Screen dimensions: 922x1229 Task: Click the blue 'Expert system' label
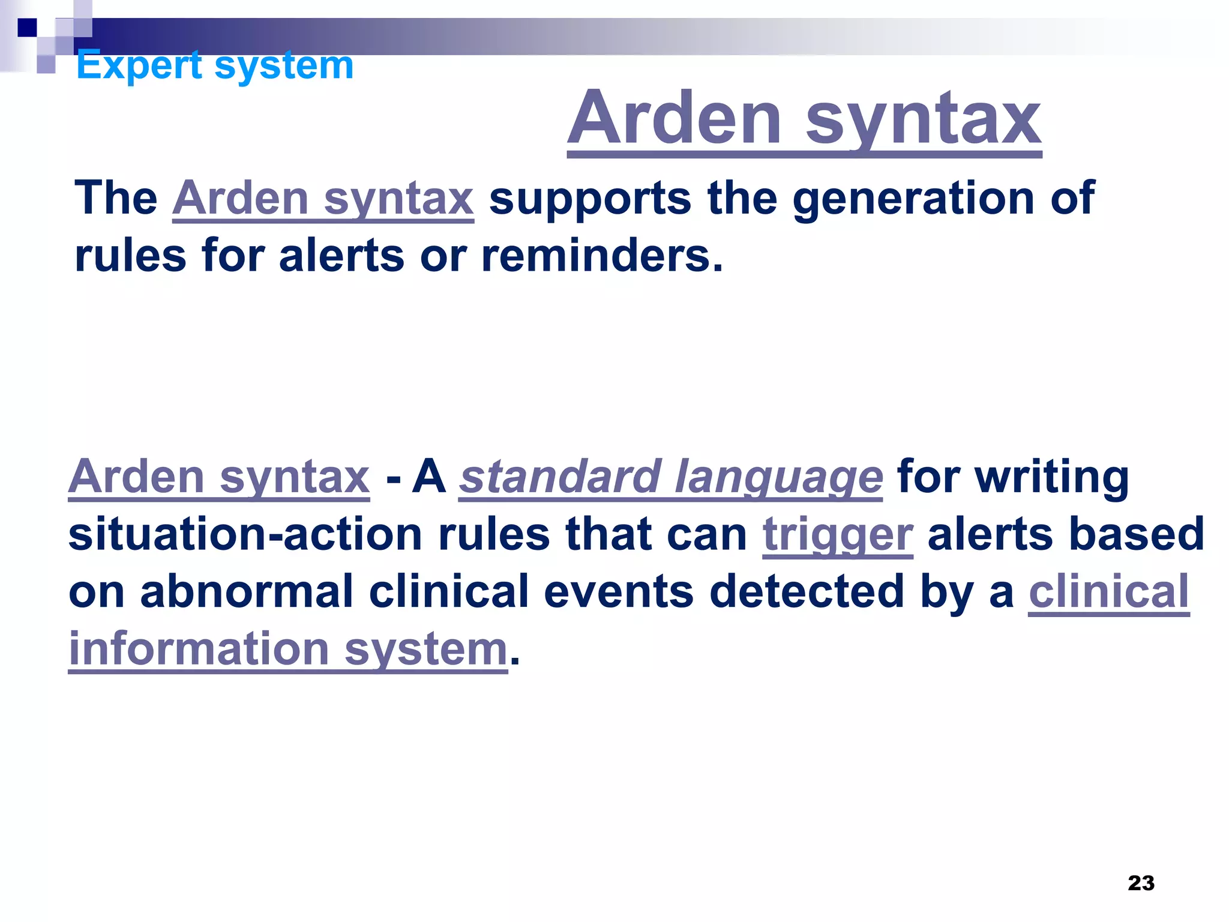(x=215, y=65)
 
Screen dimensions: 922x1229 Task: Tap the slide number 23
(x=1141, y=883)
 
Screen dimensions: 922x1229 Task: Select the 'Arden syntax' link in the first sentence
(x=323, y=199)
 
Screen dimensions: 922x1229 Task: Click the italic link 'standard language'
(x=670, y=477)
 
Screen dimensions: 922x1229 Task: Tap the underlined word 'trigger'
(x=838, y=535)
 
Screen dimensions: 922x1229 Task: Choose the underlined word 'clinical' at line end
(x=1109, y=592)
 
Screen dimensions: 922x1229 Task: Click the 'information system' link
(x=288, y=649)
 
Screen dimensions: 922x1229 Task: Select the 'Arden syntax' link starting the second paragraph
(x=219, y=477)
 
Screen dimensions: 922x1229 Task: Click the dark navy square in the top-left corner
(x=27, y=28)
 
